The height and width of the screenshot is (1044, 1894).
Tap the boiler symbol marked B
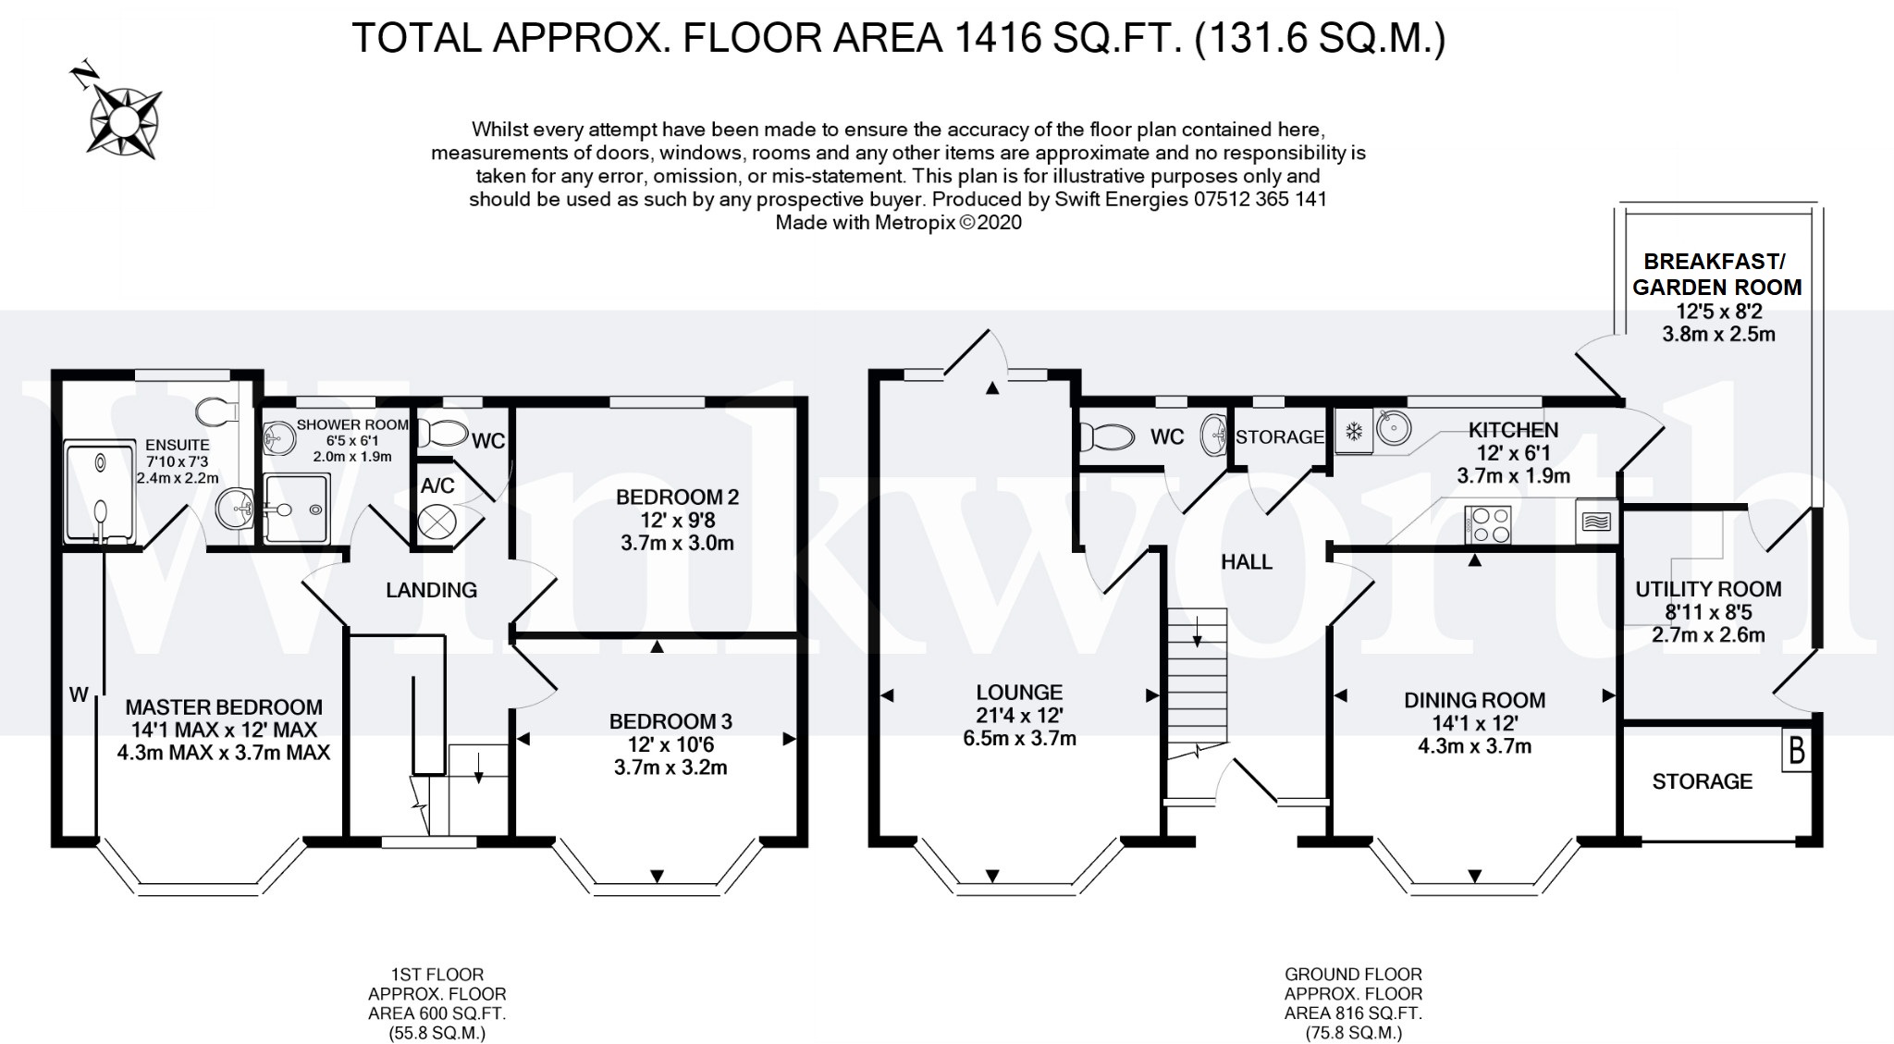click(x=1796, y=751)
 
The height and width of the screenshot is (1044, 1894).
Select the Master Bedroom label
click(x=224, y=707)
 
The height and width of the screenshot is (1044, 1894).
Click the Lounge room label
click(x=1019, y=693)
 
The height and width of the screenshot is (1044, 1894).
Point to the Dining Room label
click(x=1474, y=701)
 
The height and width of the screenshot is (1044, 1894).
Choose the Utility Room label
click(x=1707, y=590)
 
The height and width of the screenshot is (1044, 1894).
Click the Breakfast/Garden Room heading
click(x=1717, y=275)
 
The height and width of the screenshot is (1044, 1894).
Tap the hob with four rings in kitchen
click(x=1488, y=524)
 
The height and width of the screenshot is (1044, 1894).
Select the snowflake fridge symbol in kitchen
click(x=1353, y=431)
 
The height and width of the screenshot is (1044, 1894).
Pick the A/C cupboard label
click(x=437, y=485)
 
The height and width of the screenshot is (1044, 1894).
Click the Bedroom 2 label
click(x=677, y=497)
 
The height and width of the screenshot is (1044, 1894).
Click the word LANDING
click(x=431, y=590)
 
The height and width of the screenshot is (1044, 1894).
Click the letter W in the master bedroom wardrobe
click(x=78, y=694)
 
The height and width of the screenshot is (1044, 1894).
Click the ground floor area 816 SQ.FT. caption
click(x=1353, y=1013)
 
